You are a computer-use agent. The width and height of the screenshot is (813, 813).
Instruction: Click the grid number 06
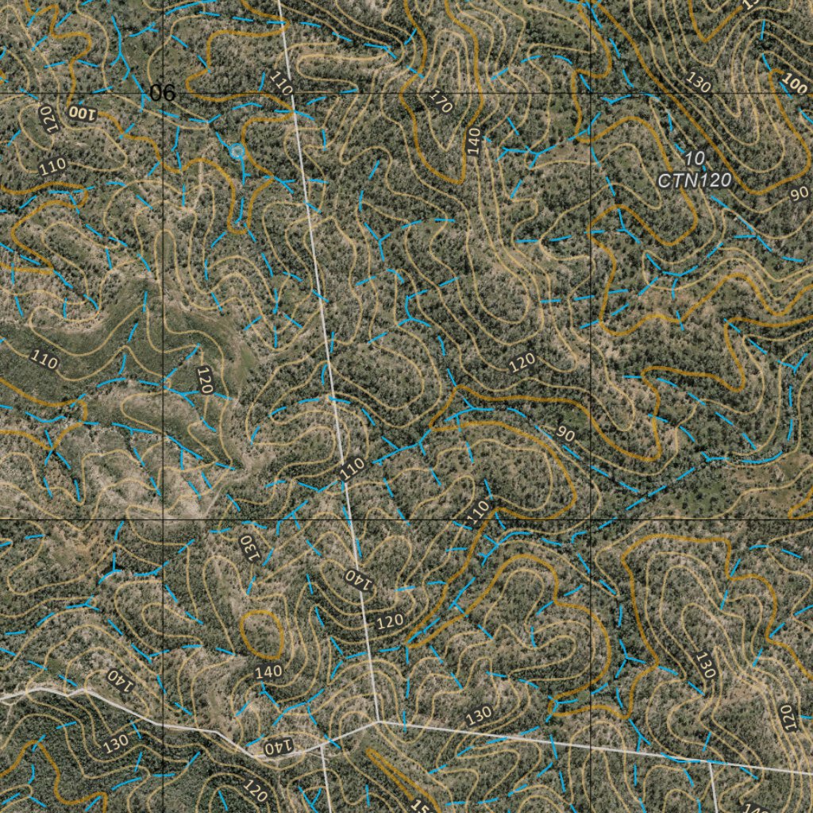pyautogui.click(x=162, y=93)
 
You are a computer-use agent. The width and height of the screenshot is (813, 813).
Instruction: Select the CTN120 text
pyautogui.click(x=694, y=181)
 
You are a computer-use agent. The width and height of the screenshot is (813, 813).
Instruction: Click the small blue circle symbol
pyautogui.click(x=237, y=151)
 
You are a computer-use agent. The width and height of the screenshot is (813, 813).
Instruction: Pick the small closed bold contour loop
pyautogui.click(x=263, y=634)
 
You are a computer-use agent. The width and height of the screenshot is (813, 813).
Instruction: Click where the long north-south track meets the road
pyautogui.click(x=380, y=722)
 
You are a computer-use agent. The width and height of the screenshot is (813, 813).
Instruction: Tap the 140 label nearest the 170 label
pyautogui.click(x=474, y=140)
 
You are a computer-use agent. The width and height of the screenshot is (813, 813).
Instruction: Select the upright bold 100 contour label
pyautogui.click(x=794, y=82)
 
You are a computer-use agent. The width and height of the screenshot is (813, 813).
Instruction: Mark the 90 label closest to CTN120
pyautogui.click(x=799, y=193)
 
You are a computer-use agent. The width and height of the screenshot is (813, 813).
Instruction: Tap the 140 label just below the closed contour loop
pyautogui.click(x=269, y=672)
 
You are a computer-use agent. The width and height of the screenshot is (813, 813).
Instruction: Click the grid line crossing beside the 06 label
pyautogui.click(x=164, y=93)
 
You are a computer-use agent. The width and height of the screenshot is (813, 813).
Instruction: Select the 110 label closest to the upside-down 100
pyautogui.click(x=52, y=167)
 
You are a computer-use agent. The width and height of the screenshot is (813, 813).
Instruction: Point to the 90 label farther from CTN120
pyautogui.click(x=565, y=434)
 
